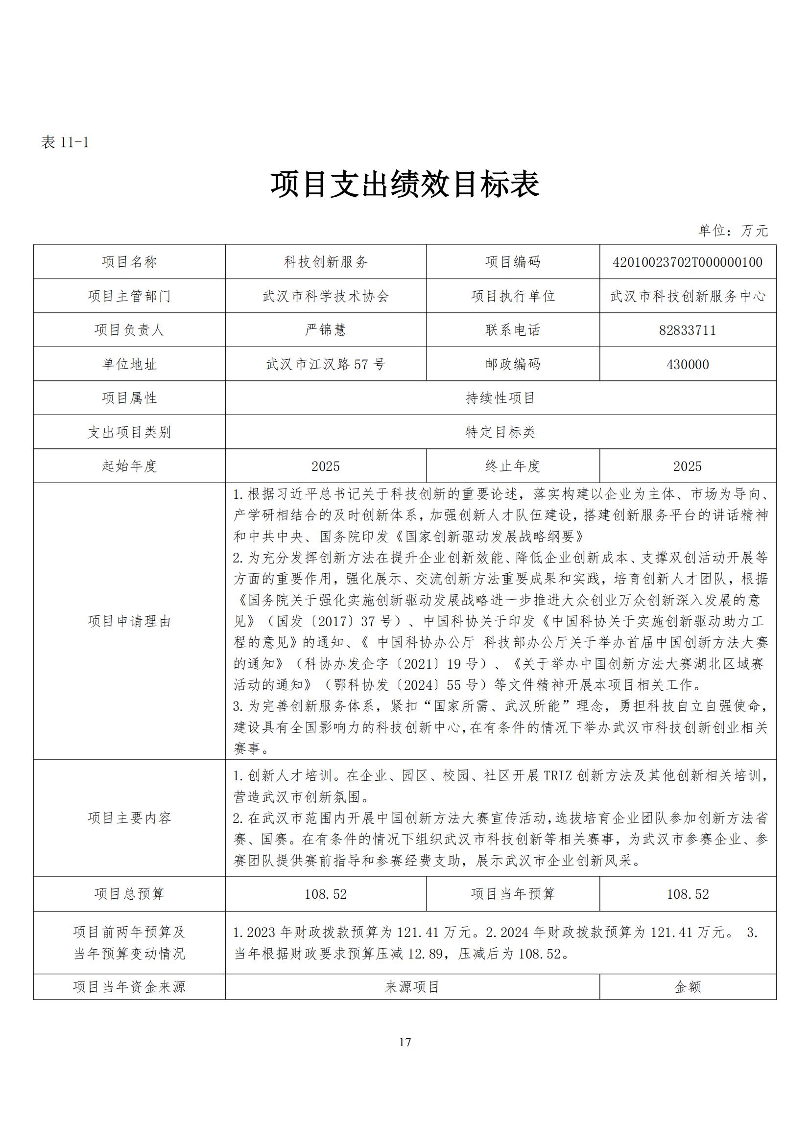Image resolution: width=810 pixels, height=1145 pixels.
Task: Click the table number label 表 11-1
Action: pos(65,142)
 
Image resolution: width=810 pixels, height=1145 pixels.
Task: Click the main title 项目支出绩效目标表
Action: pos(405,184)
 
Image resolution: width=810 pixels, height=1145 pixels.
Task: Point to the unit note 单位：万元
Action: pos(733,231)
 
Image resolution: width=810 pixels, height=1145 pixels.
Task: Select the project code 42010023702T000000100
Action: pos(687,262)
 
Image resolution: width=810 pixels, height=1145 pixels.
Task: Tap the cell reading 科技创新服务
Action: pos(326,262)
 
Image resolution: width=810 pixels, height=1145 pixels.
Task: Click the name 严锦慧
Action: pos(326,330)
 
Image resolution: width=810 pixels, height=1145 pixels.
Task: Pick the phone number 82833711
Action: pos(687,330)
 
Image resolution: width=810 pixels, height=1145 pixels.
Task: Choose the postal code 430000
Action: pos(687,365)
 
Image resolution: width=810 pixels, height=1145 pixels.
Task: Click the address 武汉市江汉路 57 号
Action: pos(326,365)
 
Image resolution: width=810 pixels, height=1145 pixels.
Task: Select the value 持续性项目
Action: pos(500,398)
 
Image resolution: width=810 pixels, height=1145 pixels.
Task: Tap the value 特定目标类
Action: pos(500,432)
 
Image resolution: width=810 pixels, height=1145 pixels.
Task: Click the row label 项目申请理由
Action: pos(129,621)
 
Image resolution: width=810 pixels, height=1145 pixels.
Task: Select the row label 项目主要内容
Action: pos(129,818)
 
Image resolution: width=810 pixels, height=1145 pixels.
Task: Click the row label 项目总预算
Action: pos(129,894)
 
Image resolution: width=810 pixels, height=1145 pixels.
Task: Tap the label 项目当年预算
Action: pos(513,894)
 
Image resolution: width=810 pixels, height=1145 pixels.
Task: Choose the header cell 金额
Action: pos(687,987)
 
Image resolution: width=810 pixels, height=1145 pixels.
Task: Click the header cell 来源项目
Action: pos(412,987)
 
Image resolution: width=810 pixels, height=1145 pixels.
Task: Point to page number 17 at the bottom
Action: pos(405,1042)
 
